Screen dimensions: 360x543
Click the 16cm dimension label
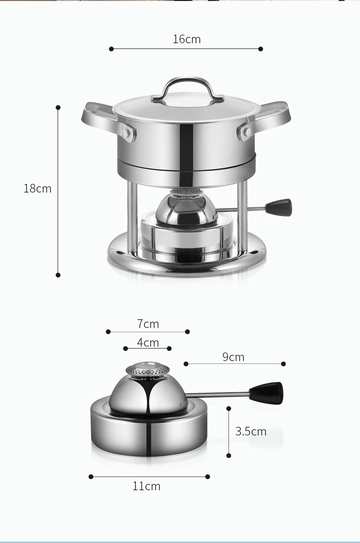click(187, 39)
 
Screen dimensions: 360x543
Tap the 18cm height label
click(37, 188)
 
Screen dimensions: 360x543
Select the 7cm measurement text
click(148, 324)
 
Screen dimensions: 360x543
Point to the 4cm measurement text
click(148, 342)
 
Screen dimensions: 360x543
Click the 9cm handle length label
click(233, 357)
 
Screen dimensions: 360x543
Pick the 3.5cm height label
click(251, 432)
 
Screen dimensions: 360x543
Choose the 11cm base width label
click(146, 486)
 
